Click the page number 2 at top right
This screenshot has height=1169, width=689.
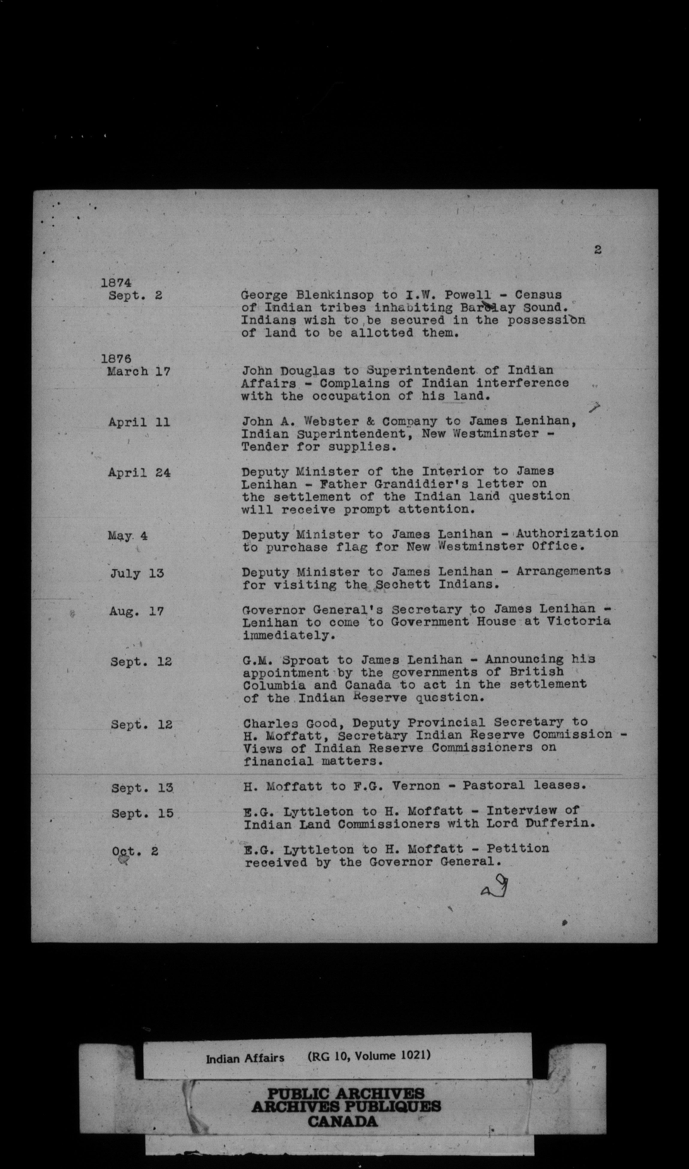point(597,250)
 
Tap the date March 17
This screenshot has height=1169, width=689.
point(138,372)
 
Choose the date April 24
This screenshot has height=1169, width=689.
point(139,473)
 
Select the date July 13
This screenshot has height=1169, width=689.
point(137,574)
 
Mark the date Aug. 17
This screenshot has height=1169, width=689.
point(137,612)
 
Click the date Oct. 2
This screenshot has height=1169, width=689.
point(135,852)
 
